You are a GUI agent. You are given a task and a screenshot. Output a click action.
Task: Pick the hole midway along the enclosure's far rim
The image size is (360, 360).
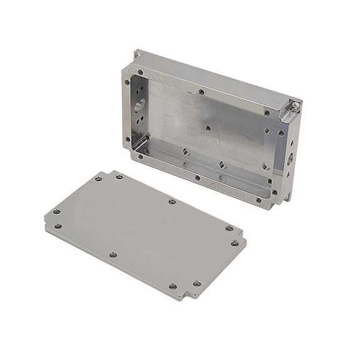click(201, 91)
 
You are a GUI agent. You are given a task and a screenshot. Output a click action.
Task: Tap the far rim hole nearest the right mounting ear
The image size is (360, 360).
click(267, 113)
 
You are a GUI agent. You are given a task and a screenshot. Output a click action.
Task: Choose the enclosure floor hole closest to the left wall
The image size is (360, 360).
click(186, 151)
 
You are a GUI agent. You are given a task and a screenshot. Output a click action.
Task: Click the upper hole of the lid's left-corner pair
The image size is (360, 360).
click(58, 211)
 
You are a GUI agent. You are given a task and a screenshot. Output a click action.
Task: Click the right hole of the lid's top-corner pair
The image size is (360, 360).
click(117, 177)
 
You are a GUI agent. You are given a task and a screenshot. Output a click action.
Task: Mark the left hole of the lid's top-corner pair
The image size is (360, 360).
click(99, 179)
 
